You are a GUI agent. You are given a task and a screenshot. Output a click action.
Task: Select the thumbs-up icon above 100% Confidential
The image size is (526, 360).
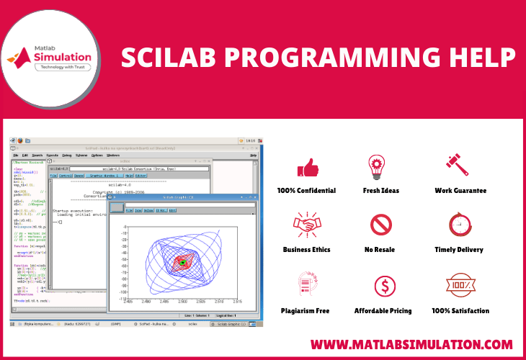[307, 167]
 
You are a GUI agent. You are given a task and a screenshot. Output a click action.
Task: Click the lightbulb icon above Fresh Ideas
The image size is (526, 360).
[377, 165]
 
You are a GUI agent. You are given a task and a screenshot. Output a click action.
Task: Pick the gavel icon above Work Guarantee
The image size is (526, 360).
[460, 166]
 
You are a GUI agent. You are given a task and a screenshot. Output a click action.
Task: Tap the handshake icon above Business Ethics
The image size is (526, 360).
[306, 225]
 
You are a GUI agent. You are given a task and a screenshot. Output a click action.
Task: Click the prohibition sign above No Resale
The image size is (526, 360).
[380, 225]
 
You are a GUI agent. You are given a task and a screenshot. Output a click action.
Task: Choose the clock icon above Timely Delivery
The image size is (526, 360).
[459, 225]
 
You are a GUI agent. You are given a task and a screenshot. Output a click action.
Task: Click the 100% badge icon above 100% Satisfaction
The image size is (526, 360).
[459, 284]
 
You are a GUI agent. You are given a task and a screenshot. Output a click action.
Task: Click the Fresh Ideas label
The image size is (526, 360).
[381, 191]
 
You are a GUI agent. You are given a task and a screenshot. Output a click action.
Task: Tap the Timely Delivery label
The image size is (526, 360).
[460, 250]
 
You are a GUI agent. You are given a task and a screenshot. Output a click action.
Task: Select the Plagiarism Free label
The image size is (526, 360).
[306, 311]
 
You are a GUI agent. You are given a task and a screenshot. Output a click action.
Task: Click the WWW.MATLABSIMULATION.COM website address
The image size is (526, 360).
[411, 344]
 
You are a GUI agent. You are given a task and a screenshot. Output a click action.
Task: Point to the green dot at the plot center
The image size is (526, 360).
[183, 262]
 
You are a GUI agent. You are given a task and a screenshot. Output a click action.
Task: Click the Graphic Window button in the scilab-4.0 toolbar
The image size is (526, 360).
[104, 175]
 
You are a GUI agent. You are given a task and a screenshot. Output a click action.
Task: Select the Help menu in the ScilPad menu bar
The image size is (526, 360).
[253, 155]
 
